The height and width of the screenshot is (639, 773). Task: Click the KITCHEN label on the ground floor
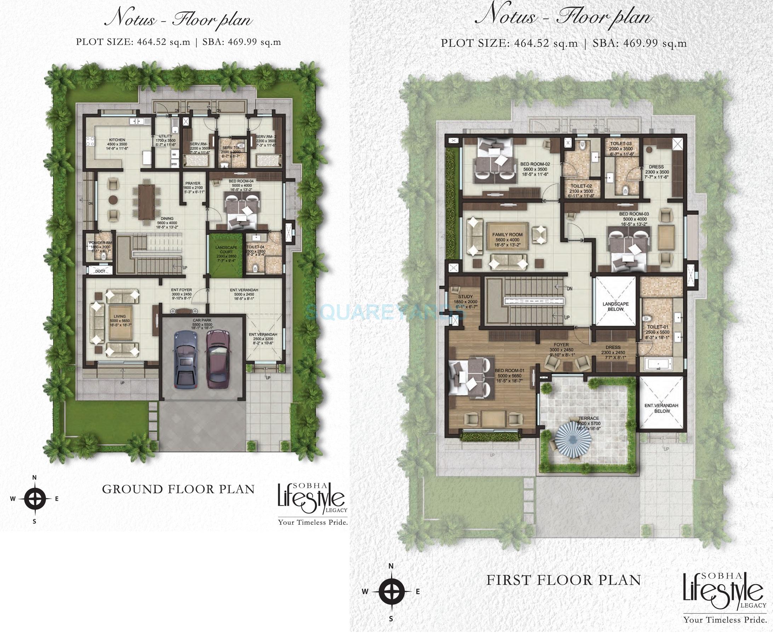tap(116, 140)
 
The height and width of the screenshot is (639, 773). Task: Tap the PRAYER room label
tap(193, 183)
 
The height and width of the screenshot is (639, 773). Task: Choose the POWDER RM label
tap(100, 243)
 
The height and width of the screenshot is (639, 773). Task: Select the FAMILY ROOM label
tap(507, 234)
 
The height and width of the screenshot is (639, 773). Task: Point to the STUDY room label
tap(465, 297)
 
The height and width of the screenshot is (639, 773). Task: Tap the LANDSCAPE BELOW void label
tap(615, 306)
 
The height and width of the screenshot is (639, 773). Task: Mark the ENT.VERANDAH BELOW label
tap(662, 408)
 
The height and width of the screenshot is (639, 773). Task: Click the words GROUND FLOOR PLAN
tap(178, 489)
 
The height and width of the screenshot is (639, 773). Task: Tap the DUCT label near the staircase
tap(100, 271)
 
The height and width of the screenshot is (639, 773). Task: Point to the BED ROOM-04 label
tap(241, 181)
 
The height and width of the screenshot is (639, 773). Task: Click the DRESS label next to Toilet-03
tap(657, 167)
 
